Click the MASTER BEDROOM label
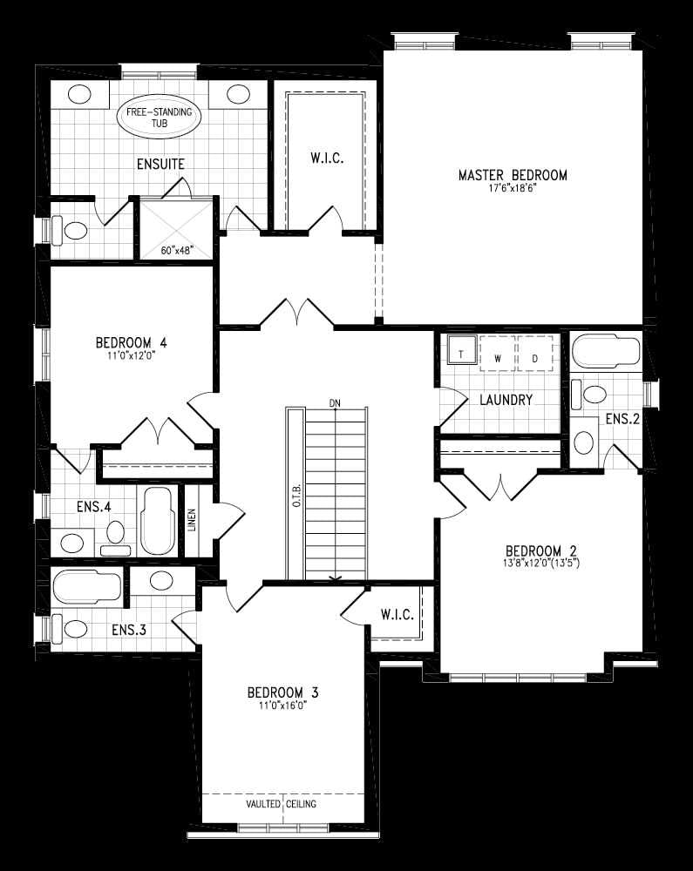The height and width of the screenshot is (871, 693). (513, 175)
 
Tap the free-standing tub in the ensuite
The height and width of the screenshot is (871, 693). (159, 119)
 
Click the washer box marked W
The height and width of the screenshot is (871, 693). (498, 358)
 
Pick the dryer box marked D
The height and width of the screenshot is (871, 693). (535, 358)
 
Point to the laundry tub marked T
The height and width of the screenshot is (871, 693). (460, 354)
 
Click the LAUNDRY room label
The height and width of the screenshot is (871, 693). (506, 401)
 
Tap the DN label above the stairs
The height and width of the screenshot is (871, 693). (334, 403)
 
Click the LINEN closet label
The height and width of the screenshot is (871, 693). (192, 521)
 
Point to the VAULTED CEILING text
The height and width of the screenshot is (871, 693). (282, 804)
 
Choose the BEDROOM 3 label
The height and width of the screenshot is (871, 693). (282, 692)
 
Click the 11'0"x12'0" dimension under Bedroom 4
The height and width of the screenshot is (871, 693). (132, 356)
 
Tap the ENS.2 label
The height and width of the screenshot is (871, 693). (623, 419)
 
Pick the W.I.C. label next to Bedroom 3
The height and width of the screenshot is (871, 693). (397, 615)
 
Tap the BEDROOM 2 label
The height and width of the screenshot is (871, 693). (541, 550)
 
